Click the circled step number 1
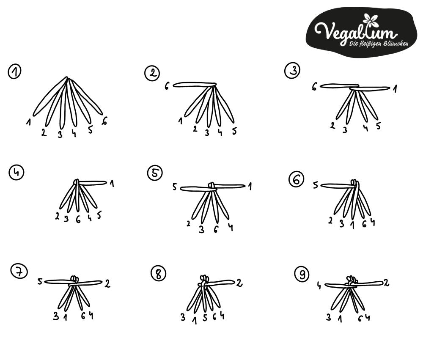(14, 71)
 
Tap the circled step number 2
(152, 73)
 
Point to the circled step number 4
(16, 173)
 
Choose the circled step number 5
(155, 173)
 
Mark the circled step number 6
(296, 179)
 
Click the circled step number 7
(19, 272)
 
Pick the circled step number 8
(158, 274)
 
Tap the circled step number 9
(302, 274)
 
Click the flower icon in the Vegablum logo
(370, 20)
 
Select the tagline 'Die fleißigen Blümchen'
(379, 44)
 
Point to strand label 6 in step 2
(167, 86)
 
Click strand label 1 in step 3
(395, 88)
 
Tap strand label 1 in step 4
(112, 184)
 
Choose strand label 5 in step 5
(175, 187)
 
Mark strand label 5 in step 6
(316, 185)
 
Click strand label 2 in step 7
(107, 283)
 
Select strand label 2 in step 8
(239, 283)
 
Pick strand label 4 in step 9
(319, 286)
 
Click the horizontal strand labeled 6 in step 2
(194, 85)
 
